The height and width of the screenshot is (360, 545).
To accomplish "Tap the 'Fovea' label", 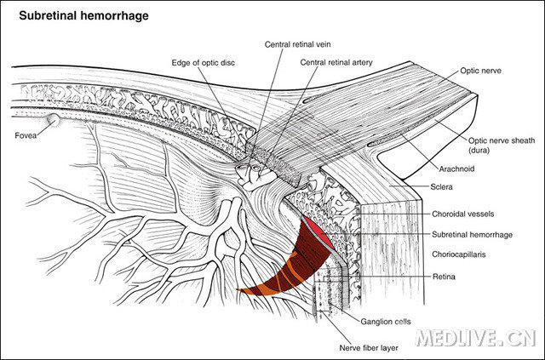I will click(26, 135).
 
